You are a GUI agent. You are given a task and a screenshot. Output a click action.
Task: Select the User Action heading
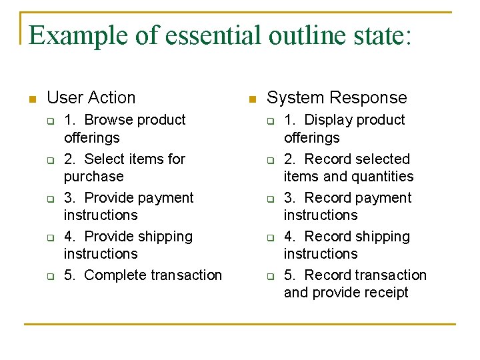click(91, 98)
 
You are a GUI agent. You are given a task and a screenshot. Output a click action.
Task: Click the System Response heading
click(336, 98)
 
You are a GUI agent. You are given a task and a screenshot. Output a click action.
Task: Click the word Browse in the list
click(108, 120)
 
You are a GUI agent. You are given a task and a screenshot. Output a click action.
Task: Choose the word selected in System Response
click(385, 159)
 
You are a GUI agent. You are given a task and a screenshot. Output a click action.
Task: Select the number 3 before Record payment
click(288, 198)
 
